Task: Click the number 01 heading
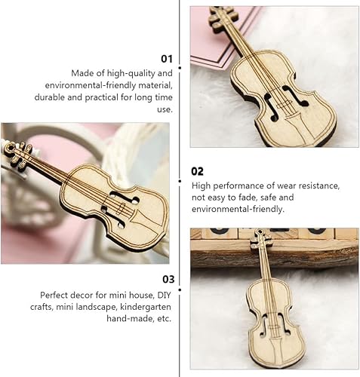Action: pos(166,57)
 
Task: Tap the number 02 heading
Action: pos(198,171)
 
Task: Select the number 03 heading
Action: pos(166,279)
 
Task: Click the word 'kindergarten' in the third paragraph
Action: pos(146,307)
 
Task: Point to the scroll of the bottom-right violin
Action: pos(260,239)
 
